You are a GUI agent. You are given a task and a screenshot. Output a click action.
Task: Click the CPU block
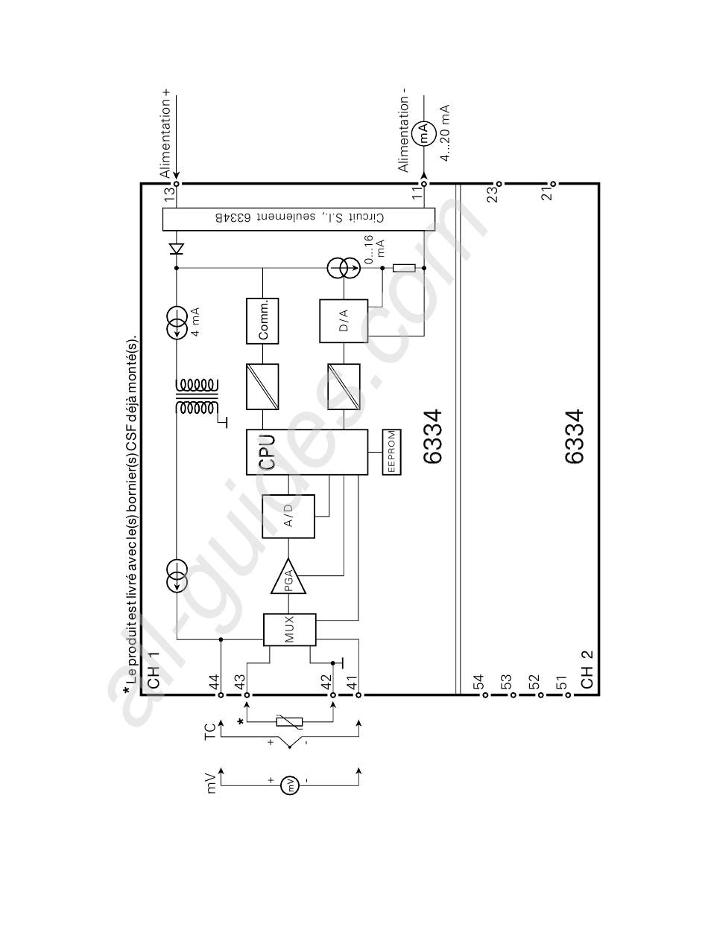pyautogui.click(x=307, y=452)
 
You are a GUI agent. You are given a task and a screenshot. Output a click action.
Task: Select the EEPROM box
pyautogui.click(x=391, y=452)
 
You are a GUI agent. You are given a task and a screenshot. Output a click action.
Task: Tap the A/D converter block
pyautogui.click(x=288, y=517)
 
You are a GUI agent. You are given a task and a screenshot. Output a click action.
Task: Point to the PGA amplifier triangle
pyautogui.click(x=288, y=576)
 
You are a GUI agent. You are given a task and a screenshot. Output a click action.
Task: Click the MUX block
pyautogui.click(x=290, y=630)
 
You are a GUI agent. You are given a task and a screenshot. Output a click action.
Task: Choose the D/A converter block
pyautogui.click(x=344, y=321)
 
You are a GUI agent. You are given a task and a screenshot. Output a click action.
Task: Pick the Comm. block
pyautogui.click(x=262, y=321)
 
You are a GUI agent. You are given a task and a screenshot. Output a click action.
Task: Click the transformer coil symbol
pyautogui.click(x=197, y=397)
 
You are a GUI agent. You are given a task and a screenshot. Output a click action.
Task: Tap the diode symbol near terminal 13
pyautogui.click(x=177, y=249)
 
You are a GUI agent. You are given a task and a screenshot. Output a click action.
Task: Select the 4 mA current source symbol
pyautogui.click(x=177, y=323)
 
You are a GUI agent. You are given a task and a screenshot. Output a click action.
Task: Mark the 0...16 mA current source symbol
pyautogui.click(x=344, y=268)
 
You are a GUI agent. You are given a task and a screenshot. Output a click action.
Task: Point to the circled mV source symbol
pyautogui.click(x=290, y=785)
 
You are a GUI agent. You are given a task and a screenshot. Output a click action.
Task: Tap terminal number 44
pyautogui.click(x=214, y=682)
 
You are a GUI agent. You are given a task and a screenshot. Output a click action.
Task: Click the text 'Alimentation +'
pyautogui.click(x=165, y=133)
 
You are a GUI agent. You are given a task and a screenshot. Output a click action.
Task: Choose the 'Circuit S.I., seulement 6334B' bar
pyautogui.click(x=299, y=219)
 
